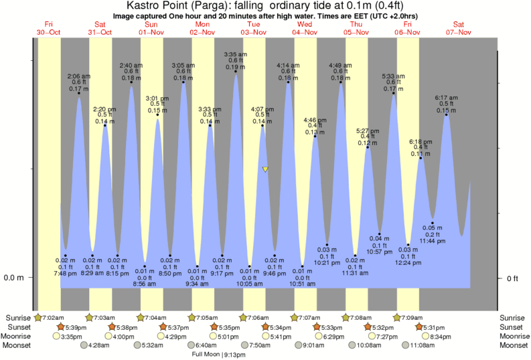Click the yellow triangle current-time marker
[265, 169]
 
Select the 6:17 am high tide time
[446, 98]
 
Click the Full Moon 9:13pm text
[216, 354]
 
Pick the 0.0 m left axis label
[14, 278]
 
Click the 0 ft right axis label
[512, 278]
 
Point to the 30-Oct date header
[49, 32]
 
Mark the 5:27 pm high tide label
[367, 130]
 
